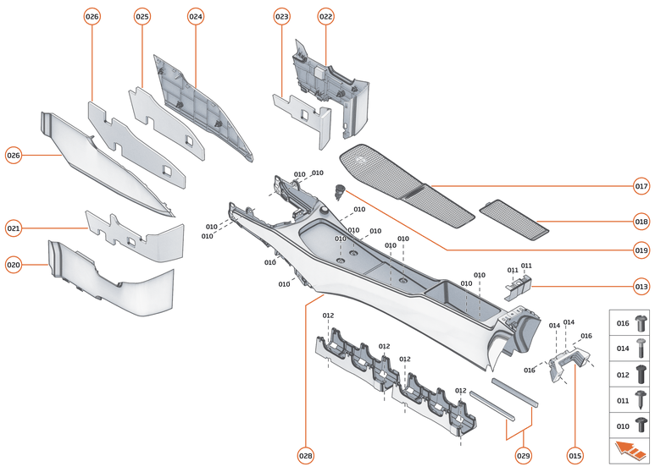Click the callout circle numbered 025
142,16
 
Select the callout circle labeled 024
196,16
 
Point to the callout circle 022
325,16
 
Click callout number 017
641,186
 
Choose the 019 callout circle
641,250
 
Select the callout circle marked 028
305,456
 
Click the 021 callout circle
14,228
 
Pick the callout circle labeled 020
14,265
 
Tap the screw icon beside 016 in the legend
641,323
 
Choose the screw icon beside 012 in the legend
641,373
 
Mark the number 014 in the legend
622,348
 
